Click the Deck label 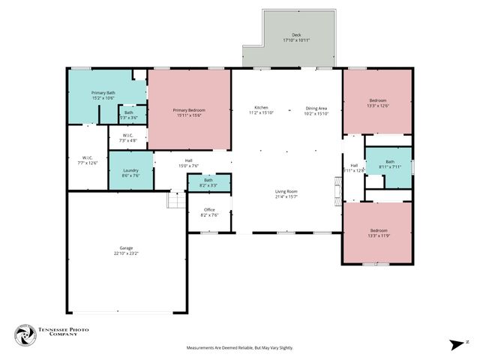[x=296, y=35]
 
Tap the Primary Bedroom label [x=190, y=110]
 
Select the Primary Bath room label [x=103, y=92]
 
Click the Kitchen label [x=261, y=107]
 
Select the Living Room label [x=287, y=191]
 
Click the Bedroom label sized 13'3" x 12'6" [x=377, y=100]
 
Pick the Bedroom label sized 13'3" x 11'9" [x=378, y=230]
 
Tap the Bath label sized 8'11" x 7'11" [x=390, y=161]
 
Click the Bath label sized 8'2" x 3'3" [x=208, y=180]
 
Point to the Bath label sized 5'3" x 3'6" [x=129, y=112]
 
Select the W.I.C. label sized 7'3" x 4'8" [x=127, y=135]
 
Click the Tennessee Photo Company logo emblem [x=26, y=335]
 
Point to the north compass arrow [x=454, y=344]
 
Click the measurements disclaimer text [x=240, y=348]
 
